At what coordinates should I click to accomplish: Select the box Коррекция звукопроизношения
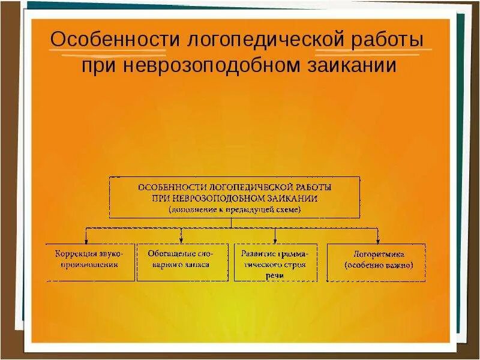point(90,262)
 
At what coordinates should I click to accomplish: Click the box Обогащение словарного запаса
point(182,262)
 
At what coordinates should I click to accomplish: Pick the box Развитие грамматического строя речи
point(275,262)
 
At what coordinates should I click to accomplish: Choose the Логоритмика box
point(376,262)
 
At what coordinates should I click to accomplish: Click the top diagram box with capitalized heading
point(234,197)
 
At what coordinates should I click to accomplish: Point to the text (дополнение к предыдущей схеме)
point(234,210)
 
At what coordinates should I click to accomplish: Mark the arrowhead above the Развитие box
point(275,240)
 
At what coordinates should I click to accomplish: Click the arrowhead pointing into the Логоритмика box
point(377,240)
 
